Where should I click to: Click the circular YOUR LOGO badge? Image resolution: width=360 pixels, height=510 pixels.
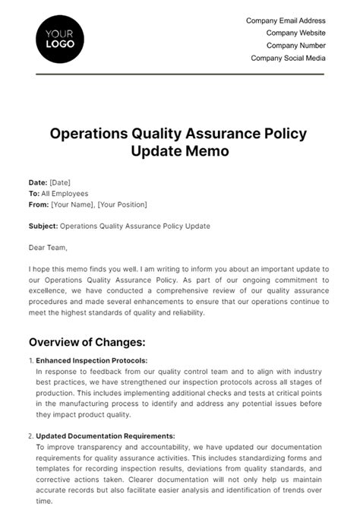pyautogui.click(x=60, y=39)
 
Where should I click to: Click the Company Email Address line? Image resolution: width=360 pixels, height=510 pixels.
pyautogui.click(x=286, y=21)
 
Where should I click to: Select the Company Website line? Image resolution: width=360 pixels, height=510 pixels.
pyautogui.click(x=295, y=33)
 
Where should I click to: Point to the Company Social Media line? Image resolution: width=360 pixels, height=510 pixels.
pyautogui.click(x=288, y=58)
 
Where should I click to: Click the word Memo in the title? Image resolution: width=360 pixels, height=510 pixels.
pyautogui.click(x=207, y=151)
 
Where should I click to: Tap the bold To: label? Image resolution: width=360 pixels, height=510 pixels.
pyautogui.click(x=34, y=194)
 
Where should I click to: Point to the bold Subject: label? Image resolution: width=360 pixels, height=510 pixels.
pyautogui.click(x=43, y=226)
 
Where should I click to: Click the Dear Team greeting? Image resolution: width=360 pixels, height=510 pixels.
pyautogui.click(x=48, y=247)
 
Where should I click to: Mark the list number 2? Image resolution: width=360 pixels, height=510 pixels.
pyautogui.click(x=30, y=436)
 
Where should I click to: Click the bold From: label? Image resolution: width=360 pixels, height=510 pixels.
pyautogui.click(x=38, y=204)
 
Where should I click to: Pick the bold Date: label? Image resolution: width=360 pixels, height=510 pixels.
pyautogui.click(x=38, y=182)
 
